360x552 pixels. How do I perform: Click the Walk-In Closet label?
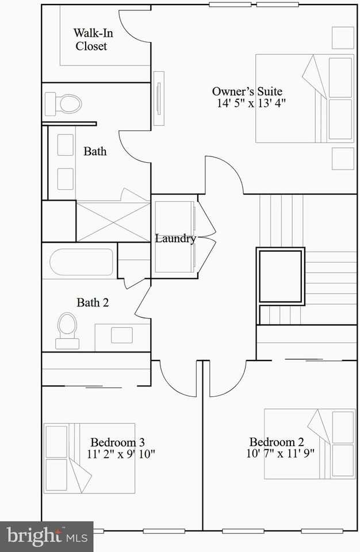coord(92,40)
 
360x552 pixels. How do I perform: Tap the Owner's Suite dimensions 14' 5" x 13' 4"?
coord(251,103)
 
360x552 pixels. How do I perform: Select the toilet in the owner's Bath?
coord(63,104)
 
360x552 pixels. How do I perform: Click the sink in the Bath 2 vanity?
coord(121,335)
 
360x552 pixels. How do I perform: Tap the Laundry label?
coord(175,239)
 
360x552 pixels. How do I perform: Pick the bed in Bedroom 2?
coord(309,443)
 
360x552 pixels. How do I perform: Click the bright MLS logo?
coord(46,536)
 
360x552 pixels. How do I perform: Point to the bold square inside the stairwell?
coord(281,276)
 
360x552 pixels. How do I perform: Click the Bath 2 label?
coord(93,302)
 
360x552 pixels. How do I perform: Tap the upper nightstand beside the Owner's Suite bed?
coord(343,38)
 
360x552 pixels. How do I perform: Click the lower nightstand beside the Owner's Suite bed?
coord(343,158)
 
